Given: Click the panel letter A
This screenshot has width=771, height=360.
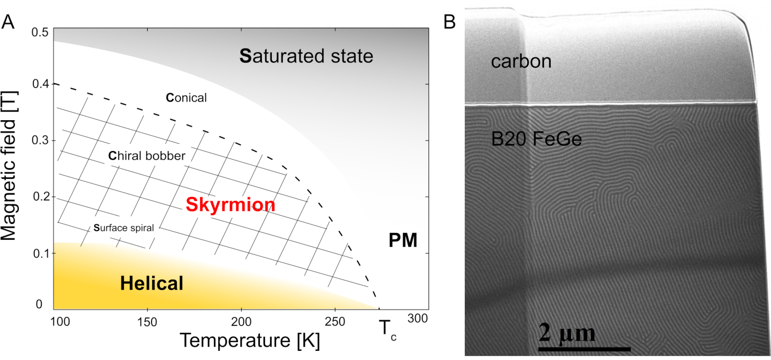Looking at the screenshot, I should click(x=8, y=22).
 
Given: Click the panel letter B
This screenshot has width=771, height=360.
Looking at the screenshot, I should click(x=449, y=22).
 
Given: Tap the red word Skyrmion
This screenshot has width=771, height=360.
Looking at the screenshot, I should click(x=231, y=204).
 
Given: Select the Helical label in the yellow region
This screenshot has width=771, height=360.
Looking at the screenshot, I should click(x=152, y=283).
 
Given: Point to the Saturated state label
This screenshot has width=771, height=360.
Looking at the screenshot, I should click(x=306, y=56).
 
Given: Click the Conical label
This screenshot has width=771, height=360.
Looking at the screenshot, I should click(x=186, y=98).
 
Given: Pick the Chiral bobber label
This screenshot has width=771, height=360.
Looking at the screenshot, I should click(x=146, y=156).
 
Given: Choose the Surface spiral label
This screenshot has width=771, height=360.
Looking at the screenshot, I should click(x=124, y=228).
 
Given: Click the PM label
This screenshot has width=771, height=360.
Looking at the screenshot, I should click(x=403, y=241).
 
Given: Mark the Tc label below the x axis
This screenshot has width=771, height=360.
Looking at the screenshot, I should click(x=387, y=330).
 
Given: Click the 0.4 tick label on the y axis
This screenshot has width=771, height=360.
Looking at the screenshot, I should click(x=40, y=84).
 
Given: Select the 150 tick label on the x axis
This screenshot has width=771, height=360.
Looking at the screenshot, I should click(x=147, y=322).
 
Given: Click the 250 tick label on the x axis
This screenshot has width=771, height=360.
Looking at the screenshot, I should click(x=335, y=322).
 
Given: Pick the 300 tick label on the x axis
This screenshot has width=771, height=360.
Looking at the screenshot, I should click(x=417, y=318).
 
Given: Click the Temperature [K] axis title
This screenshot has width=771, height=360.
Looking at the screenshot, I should click(x=250, y=341).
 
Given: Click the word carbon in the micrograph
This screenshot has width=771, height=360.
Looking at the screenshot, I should click(x=521, y=62).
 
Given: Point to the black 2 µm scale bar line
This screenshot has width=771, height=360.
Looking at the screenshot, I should click(x=584, y=349).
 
